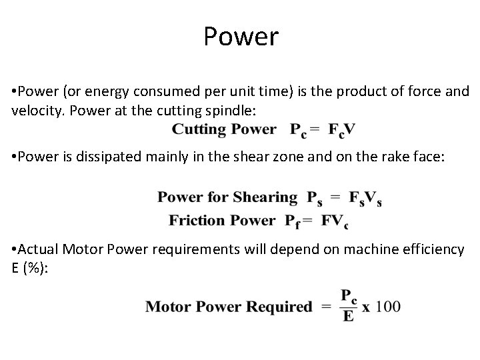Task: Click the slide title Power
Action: pos(241,37)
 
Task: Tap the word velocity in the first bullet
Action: pos(34,109)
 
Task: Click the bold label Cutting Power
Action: pos(223,129)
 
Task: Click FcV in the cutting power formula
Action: pos(341,130)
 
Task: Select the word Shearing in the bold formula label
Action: pos(265,197)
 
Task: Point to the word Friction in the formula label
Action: pos(196,220)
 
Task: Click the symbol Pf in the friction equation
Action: pos(293,221)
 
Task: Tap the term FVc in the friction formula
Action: pos(335,221)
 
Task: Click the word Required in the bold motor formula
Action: pos(280,307)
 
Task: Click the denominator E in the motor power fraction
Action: pos(347,316)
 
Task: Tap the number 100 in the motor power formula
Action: pos(389,307)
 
